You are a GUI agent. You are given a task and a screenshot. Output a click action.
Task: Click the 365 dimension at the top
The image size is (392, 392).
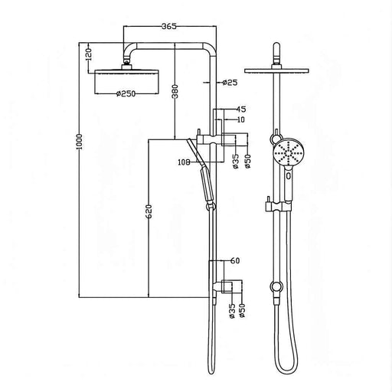tap(169, 26)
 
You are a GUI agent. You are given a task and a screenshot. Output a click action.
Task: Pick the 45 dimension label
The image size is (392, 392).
tap(241, 109)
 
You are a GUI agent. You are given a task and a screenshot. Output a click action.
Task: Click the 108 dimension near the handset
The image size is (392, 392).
tap(183, 162)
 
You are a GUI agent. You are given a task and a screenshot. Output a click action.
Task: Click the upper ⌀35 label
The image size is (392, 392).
tap(235, 160)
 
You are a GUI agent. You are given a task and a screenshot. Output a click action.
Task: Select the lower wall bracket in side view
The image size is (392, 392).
tap(228, 285)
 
